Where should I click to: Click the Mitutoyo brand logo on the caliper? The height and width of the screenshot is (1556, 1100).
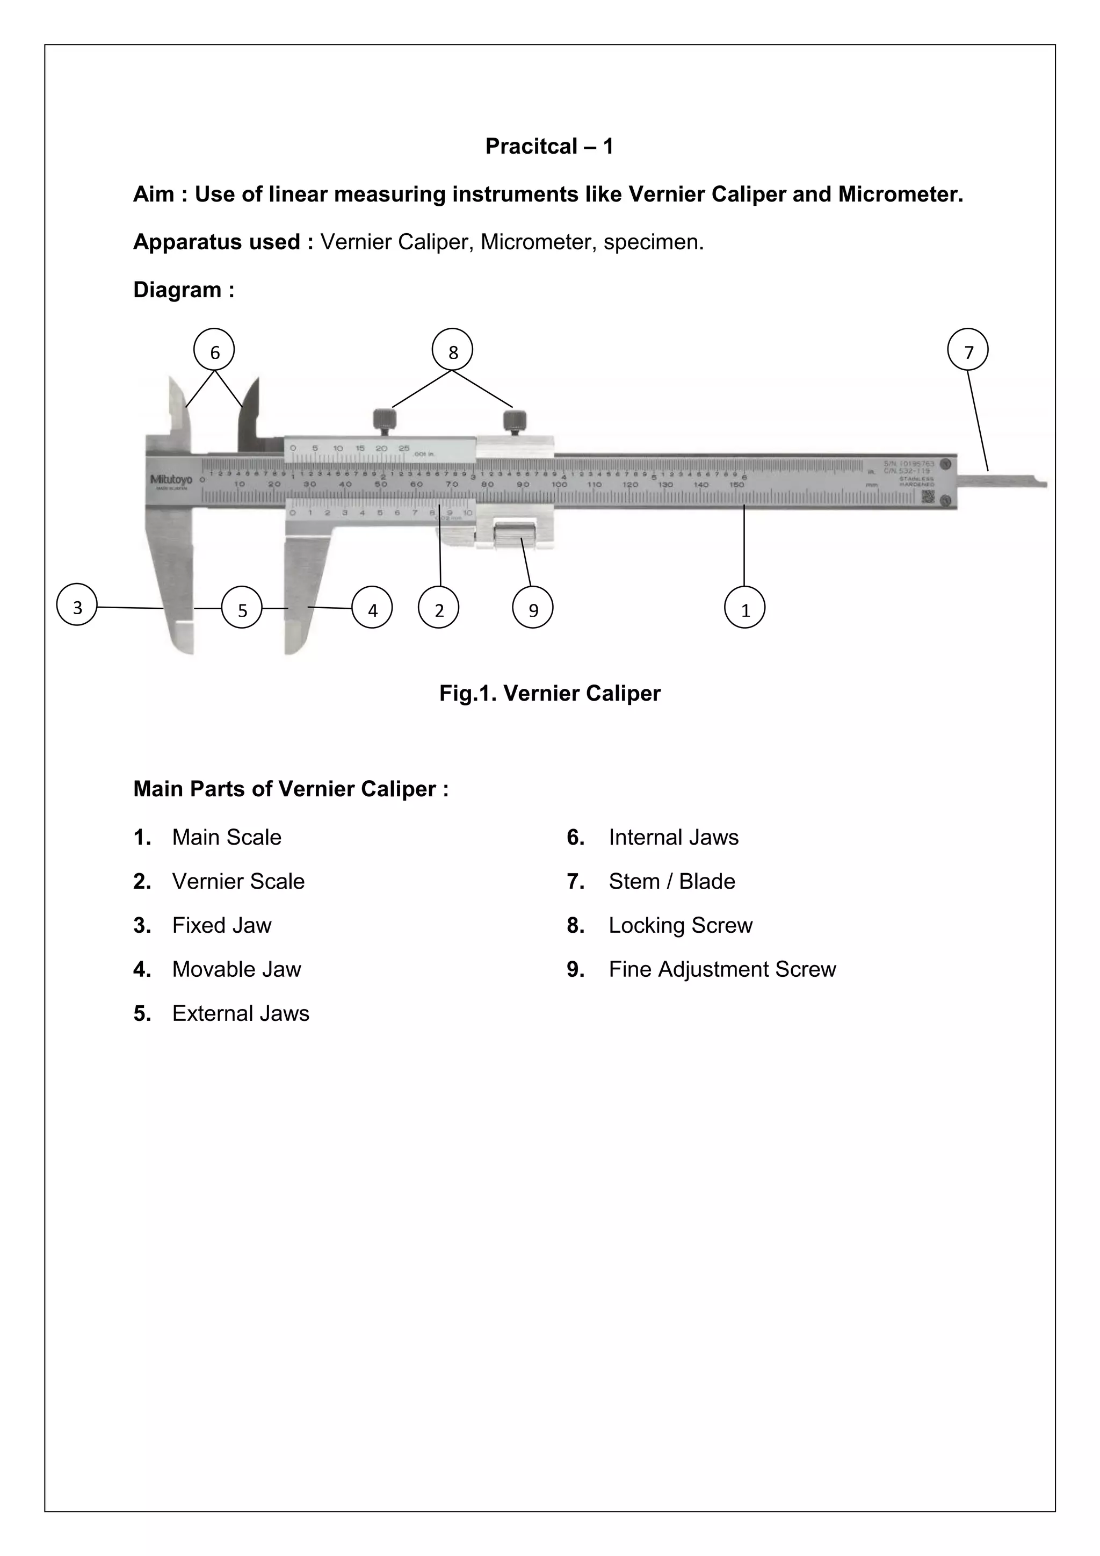pyautogui.click(x=171, y=480)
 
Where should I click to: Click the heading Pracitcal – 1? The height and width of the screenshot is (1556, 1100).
pyautogui.click(x=549, y=146)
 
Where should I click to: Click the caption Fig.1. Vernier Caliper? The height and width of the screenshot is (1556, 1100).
pyautogui.click(x=549, y=693)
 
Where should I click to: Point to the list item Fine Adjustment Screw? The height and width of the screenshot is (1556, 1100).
pyautogui.click(x=722, y=969)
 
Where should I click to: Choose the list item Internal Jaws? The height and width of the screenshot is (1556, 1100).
pyautogui.click(x=674, y=837)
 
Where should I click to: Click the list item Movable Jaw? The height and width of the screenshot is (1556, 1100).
pyautogui.click(x=236, y=969)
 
